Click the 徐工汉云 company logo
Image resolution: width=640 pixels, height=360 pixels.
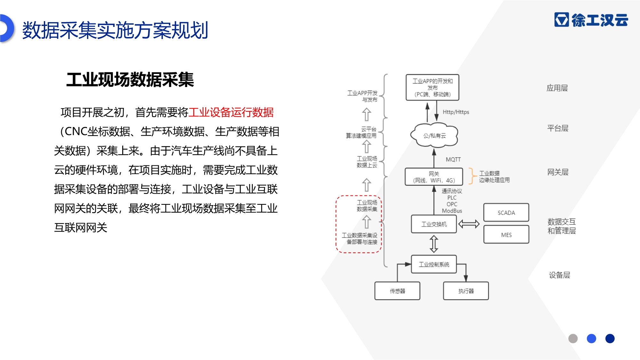coord(591,20)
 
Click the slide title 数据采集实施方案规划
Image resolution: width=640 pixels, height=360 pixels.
coord(115,30)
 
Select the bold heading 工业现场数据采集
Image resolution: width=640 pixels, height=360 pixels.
coord(130,80)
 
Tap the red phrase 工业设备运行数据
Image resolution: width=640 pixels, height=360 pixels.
coord(231,112)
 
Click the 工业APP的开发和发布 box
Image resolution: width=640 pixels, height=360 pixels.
coord(432,87)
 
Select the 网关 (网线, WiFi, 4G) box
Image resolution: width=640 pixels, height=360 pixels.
coord(434,177)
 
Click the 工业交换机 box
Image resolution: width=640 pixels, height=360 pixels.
coord(434,224)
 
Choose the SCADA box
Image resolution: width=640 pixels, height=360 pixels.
coord(506,212)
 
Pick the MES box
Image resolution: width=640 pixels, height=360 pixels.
coord(506,235)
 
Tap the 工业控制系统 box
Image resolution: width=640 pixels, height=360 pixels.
coord(434,264)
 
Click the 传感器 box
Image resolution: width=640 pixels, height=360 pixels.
coord(397,291)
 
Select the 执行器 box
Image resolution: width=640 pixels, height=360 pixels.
coord(466,291)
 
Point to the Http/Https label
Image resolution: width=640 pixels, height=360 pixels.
coord(456,112)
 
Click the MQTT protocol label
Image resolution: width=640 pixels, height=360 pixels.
coord(453,159)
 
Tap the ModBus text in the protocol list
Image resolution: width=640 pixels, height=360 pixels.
coord(452,211)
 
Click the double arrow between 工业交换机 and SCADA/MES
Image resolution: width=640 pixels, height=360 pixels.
coord(469,224)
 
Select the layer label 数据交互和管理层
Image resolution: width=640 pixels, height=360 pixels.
coord(562,226)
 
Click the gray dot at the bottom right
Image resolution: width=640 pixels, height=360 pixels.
coord(573,339)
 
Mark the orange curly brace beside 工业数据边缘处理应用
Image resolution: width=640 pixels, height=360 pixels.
coord(472,176)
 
